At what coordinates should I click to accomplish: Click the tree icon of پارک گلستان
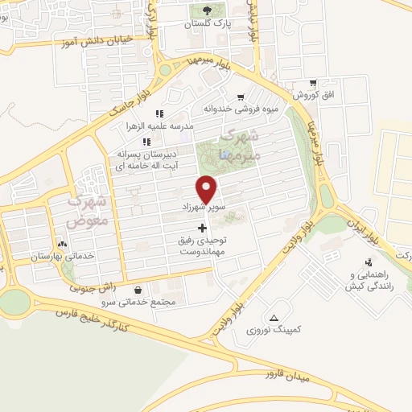(208, 10)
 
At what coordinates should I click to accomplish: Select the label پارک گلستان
(208, 25)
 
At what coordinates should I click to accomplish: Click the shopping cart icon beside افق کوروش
(311, 83)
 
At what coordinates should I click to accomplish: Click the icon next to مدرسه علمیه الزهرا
(159, 114)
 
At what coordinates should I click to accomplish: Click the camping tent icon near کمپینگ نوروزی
(275, 318)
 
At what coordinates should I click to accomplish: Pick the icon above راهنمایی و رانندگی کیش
(369, 262)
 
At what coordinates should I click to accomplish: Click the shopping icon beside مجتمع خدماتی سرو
(139, 290)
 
